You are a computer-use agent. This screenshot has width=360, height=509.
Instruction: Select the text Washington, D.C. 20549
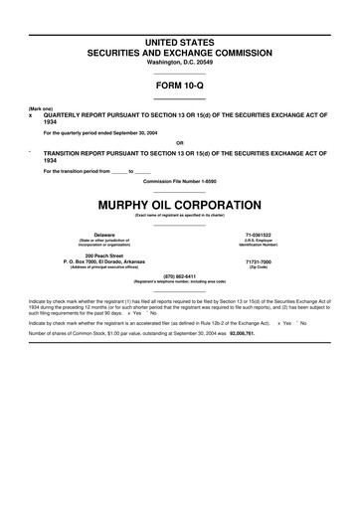(180, 62)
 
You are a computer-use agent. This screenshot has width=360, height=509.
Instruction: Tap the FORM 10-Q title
(180, 86)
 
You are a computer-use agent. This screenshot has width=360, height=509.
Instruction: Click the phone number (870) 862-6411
(180, 276)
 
